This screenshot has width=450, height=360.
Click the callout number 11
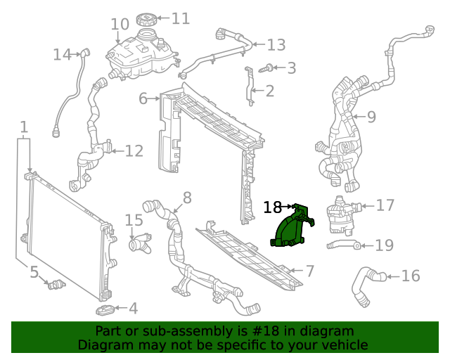click(181, 18)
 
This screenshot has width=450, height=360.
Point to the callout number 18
click(272, 207)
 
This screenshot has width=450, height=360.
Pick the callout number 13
click(276, 45)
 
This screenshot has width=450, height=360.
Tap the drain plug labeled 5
click(55, 283)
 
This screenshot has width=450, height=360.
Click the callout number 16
click(410, 276)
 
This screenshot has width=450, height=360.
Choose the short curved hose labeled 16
click(364, 285)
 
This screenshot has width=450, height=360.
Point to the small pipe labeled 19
click(343, 245)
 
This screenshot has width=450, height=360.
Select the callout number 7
click(309, 271)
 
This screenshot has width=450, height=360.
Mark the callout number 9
click(371, 116)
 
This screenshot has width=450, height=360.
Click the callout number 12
click(134, 150)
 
